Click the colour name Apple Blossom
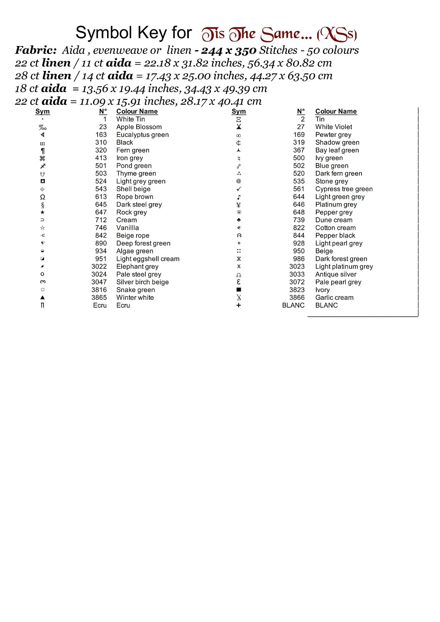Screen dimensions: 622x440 point(139,127)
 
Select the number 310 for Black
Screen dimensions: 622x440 point(101,142)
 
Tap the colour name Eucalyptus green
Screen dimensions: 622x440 point(142,135)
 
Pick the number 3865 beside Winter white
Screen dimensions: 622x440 point(99,297)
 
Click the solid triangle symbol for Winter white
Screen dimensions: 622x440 point(42,297)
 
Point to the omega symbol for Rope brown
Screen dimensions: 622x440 point(42,197)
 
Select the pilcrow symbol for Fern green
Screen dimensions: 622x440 point(42,151)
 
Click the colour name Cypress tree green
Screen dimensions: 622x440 point(344,189)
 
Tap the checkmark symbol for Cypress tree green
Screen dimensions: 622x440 point(239,189)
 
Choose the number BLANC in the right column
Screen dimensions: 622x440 point(293,305)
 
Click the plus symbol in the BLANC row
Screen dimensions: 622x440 point(239,305)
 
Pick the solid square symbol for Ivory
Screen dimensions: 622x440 point(239,290)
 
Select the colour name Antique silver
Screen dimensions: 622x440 point(335,274)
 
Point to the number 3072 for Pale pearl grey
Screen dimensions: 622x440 point(297,282)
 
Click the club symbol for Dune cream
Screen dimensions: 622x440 point(239,220)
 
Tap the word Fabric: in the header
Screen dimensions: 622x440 point(36,50)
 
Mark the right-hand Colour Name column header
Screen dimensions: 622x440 point(336,111)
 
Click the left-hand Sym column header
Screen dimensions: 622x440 point(42,111)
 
